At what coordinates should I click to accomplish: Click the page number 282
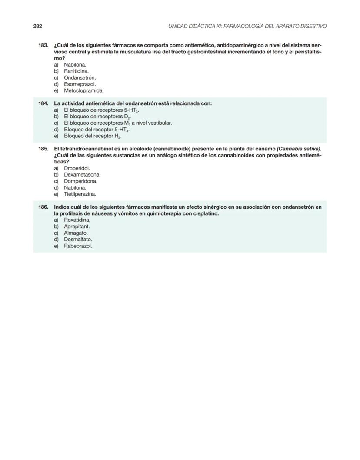tap(37, 26)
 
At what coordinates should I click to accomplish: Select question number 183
tap(43, 45)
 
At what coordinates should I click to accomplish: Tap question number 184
tap(43, 103)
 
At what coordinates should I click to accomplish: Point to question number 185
tap(43, 149)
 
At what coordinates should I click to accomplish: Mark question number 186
tap(43, 207)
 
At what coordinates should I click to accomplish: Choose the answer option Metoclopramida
tap(83, 91)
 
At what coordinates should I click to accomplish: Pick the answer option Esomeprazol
tap(80, 84)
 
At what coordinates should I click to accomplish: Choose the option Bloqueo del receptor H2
tap(92, 136)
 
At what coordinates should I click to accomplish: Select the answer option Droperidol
tap(77, 168)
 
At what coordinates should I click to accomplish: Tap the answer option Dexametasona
tap(82, 175)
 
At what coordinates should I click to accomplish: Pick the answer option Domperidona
tap(80, 181)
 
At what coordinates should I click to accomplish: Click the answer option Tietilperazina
tap(80, 194)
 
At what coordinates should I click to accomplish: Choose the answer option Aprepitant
tap(77, 227)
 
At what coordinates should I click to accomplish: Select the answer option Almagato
tap(76, 233)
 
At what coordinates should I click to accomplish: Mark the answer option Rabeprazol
tap(78, 246)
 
